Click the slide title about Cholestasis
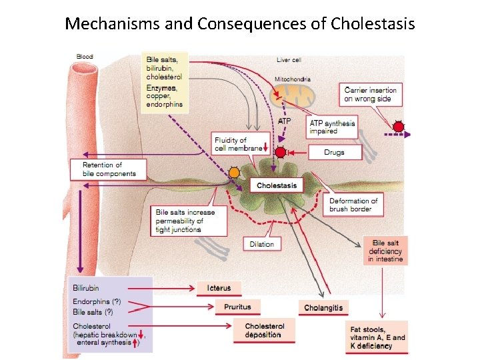tap(240, 24)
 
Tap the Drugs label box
tap(334, 153)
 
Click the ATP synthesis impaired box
tap(332, 127)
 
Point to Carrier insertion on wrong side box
tap(370, 95)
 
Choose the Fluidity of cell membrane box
tap(239, 144)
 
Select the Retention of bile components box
tap(109, 169)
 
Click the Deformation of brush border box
tap(353, 205)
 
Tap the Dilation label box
tap(261, 244)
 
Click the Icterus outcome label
tap(218, 288)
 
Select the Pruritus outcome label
tap(238, 307)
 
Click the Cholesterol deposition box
tap(265, 331)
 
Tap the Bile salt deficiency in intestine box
tap(386, 251)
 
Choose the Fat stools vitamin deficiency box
tap(377, 337)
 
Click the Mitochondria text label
tap(293, 79)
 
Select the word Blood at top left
tap(85, 57)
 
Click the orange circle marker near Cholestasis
tap(234, 173)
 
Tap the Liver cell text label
tap(289, 60)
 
